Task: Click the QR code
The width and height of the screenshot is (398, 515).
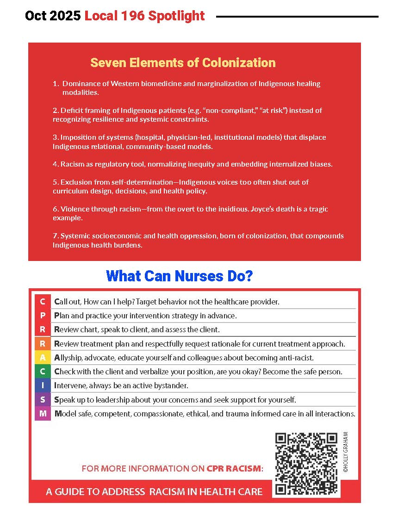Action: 306,464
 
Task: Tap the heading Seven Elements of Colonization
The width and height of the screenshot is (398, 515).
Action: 183,63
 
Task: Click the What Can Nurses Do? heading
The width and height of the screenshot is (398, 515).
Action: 179,276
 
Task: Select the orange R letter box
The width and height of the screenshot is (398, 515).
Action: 43,344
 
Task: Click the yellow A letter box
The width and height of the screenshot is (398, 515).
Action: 43,358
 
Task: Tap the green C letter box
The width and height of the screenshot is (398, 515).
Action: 43,372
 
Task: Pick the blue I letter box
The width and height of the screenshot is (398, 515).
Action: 43,385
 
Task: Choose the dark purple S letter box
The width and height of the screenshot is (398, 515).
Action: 43,399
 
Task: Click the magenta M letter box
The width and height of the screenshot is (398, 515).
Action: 43,413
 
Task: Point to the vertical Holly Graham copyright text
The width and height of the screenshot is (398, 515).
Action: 345,452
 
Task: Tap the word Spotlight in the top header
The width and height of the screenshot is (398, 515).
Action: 176,16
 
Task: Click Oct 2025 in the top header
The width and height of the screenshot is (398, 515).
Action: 53,16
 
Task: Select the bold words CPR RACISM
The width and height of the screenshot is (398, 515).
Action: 234,469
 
